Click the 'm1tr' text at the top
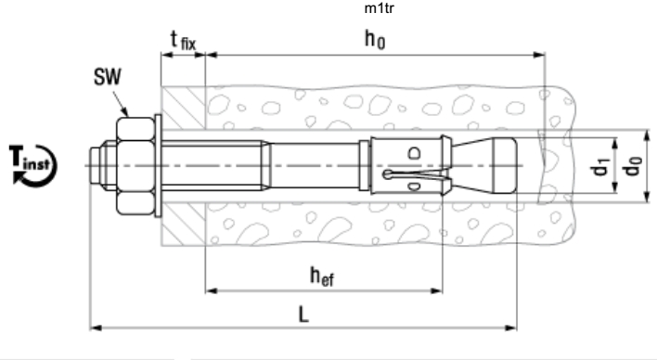pyautogui.click(x=380, y=8)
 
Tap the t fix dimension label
pyautogui.click(x=183, y=41)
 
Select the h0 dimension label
pyautogui.click(x=375, y=40)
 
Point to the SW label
pyautogui.click(x=108, y=77)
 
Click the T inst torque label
pyautogui.click(x=31, y=160)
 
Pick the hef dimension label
pyautogui.click(x=322, y=276)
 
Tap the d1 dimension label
pyautogui.click(x=599, y=166)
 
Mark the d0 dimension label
pyautogui.click(x=632, y=166)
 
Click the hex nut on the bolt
pyautogui.click(x=135, y=166)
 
